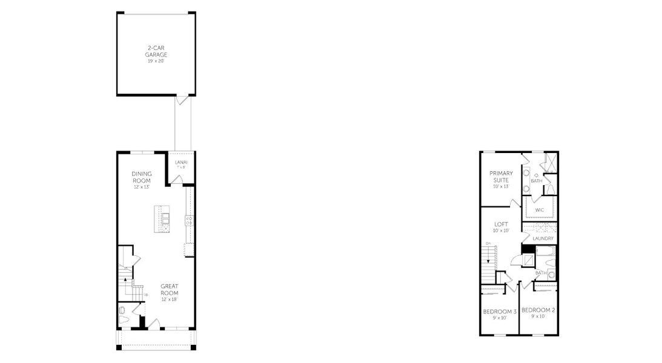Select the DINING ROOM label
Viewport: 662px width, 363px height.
pos(142,177)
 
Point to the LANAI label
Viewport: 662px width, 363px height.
pos(181,162)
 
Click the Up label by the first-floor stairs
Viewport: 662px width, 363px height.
pos(146,295)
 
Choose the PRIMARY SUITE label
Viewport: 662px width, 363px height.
pos(501,177)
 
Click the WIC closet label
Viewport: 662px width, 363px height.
pos(539,210)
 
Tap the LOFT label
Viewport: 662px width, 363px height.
pos(501,224)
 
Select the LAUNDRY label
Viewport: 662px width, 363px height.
pos(543,238)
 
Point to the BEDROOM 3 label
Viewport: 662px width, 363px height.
pos(500,312)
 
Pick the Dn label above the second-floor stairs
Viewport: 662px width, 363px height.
pos(488,243)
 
